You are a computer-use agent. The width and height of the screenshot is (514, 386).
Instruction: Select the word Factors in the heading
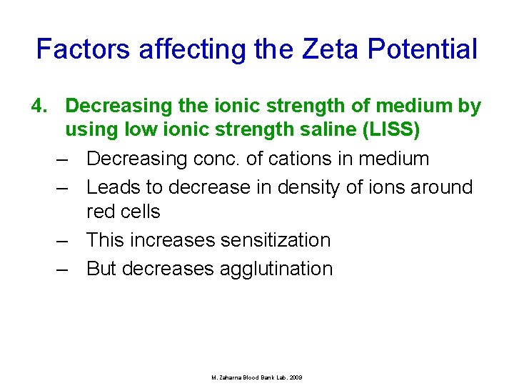pos(84,49)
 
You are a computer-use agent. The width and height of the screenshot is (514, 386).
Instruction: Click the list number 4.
pos(39,107)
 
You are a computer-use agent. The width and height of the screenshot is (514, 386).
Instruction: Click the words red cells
pos(123,212)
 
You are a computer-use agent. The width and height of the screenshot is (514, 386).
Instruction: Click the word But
pos(102,269)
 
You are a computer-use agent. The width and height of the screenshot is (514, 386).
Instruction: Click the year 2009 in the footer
pos(296,377)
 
